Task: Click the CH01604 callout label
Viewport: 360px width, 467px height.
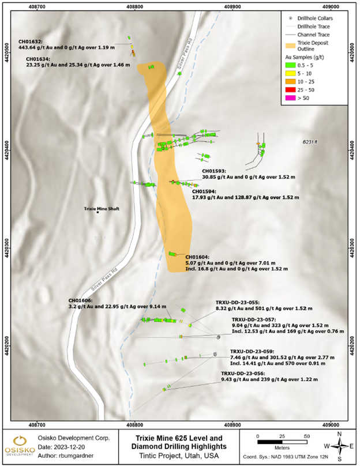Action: tap(198, 257)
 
